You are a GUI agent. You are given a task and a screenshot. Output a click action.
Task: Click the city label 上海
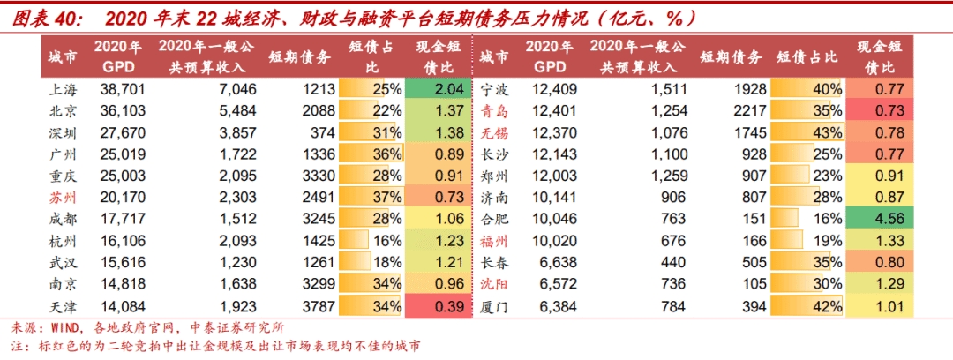(64, 89)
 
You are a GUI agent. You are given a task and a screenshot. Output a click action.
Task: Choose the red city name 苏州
(64, 198)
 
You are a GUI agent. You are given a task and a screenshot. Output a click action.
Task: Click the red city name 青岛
(494, 111)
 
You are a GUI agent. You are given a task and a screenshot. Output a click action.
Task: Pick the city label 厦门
(494, 306)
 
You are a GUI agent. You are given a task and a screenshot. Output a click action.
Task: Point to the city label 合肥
(494, 219)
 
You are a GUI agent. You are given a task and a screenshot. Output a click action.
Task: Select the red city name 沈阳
(494, 284)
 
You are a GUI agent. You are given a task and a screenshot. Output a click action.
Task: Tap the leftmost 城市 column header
(64, 57)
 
